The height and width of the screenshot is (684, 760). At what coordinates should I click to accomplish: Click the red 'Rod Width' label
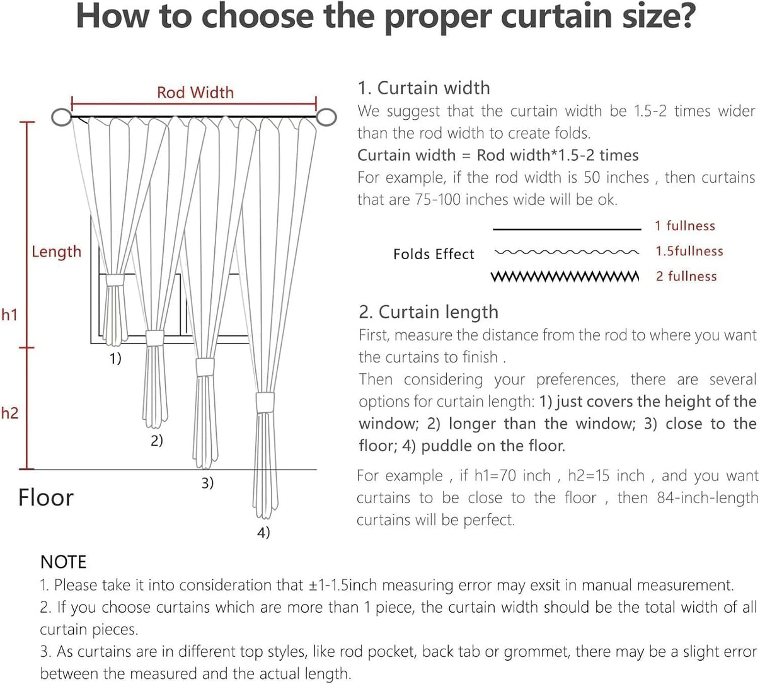click(195, 93)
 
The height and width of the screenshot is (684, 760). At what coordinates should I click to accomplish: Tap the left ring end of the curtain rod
click(61, 117)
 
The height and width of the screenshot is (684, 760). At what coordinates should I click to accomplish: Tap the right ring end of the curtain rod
click(326, 117)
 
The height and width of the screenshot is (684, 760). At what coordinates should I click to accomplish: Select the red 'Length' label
click(56, 252)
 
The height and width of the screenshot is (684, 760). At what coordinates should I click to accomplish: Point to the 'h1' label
click(9, 314)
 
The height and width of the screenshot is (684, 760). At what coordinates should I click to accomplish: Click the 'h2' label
click(9, 414)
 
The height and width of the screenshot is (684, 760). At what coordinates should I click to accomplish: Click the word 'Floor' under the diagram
click(45, 497)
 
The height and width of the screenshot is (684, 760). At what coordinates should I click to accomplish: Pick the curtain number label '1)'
click(115, 359)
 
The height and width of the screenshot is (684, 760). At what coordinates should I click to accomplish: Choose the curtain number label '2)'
click(157, 440)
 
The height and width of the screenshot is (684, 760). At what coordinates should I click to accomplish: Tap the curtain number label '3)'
click(207, 483)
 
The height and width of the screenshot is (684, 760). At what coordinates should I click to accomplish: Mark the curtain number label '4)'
click(263, 533)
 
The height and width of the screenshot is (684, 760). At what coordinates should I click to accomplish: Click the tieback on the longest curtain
click(265, 402)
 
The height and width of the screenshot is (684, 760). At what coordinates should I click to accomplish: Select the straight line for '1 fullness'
click(567, 229)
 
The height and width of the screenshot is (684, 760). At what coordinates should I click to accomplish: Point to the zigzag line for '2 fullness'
click(565, 277)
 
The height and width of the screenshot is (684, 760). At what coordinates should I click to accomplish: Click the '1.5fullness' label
click(689, 251)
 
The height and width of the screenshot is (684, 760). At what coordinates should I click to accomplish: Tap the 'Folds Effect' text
click(434, 254)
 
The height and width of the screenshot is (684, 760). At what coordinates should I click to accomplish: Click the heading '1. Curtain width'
click(423, 88)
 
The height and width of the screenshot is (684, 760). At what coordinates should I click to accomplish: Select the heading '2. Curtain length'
click(429, 312)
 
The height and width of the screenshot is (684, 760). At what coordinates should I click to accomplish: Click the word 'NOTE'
click(63, 562)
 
